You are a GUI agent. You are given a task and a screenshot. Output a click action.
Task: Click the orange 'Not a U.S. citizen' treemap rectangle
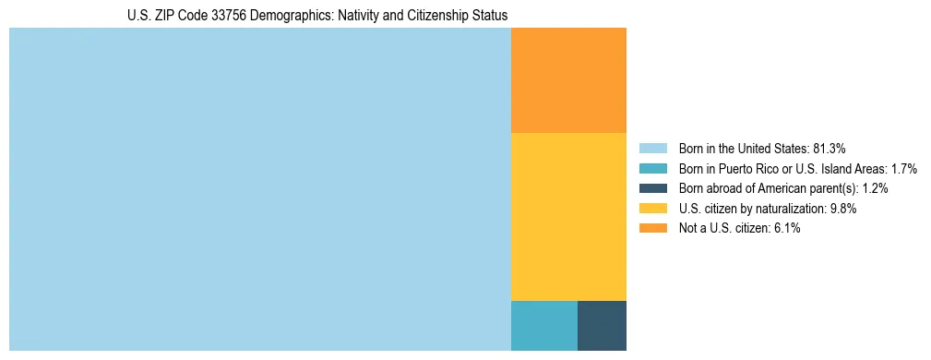[568, 80]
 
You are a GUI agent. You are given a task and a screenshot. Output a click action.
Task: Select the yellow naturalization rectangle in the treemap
[568, 217]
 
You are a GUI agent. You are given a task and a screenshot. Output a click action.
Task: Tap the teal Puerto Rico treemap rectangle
[543, 326]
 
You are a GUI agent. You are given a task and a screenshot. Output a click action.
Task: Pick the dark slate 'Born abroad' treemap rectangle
[602, 326]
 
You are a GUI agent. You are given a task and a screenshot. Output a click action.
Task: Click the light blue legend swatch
[652, 148]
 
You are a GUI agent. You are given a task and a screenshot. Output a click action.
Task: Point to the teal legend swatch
[652, 168]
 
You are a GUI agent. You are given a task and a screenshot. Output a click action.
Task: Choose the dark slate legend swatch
[652, 188]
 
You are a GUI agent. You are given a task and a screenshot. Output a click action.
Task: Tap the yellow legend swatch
[652, 209]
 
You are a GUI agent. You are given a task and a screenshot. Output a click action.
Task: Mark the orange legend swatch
[652, 228]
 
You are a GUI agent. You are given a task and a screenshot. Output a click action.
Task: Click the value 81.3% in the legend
[829, 148]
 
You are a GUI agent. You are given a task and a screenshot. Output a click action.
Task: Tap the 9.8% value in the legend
[842, 209]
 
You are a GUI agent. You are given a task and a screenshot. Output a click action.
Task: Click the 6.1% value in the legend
[785, 228]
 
